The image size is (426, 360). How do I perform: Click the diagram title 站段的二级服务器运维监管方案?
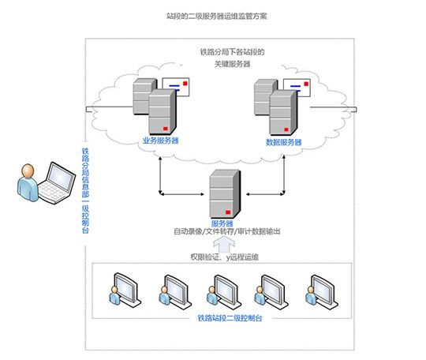(217, 16)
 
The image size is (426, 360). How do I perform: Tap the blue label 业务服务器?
(161, 141)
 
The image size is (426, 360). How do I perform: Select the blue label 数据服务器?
(284, 142)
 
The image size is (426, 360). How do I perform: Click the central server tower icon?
(225, 193)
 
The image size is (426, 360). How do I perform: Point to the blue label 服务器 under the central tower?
(222, 223)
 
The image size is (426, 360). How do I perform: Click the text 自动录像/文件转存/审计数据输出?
(227, 231)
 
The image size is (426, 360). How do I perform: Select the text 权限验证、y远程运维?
(224, 257)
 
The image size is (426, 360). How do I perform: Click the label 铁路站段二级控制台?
(230, 318)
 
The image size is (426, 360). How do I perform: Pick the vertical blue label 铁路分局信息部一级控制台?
(85, 190)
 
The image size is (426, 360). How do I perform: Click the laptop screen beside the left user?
(61, 177)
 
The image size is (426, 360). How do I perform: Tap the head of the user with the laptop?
(28, 171)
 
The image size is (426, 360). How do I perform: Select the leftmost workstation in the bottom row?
(125, 290)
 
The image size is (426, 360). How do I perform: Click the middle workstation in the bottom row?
(223, 291)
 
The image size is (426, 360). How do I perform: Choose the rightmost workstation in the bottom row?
(321, 292)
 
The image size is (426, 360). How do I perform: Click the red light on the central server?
(228, 212)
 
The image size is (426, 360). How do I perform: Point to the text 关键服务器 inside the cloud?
(232, 64)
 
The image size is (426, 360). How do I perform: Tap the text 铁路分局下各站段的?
(232, 52)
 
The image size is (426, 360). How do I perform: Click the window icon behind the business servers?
(176, 87)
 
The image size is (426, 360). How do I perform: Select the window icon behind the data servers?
(297, 88)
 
